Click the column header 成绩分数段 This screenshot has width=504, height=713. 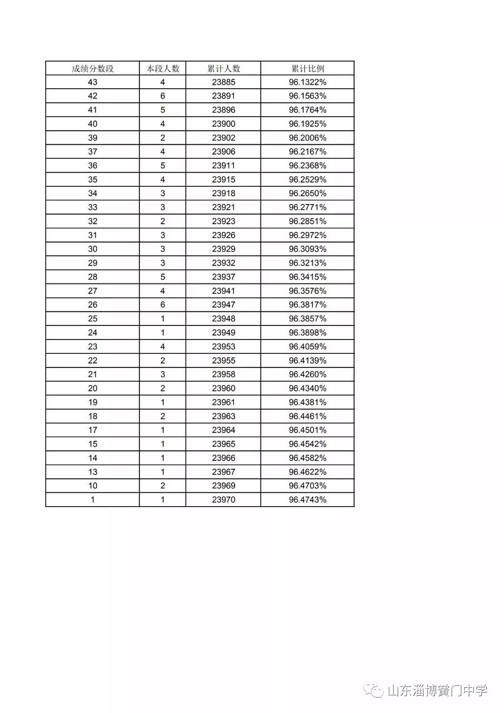coord(92,69)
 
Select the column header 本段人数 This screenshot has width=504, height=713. coord(163,69)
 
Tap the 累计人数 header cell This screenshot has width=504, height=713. coord(224,69)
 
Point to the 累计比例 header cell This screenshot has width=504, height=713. coord(308,69)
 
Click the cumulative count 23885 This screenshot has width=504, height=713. coord(224,82)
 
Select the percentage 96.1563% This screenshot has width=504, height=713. coord(308,96)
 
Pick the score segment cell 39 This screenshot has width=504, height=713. coord(92,138)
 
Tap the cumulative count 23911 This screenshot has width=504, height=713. coord(224,166)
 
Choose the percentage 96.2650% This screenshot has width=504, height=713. coord(308,193)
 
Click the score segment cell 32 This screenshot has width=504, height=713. coord(92,221)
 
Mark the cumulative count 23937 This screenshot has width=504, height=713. coord(224,277)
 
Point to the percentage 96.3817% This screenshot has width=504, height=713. coord(308,305)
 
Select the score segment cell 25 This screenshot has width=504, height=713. coord(92,319)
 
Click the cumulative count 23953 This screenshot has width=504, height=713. coord(224,346)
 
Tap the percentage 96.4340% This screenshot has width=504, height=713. coord(308,388)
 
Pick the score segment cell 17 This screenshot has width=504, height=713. coord(92,430)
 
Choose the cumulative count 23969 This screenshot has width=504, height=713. coord(224,486)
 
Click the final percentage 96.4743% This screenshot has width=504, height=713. coord(308,500)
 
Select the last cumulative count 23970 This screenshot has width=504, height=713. coord(224,500)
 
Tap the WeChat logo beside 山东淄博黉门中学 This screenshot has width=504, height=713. coord(374,690)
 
